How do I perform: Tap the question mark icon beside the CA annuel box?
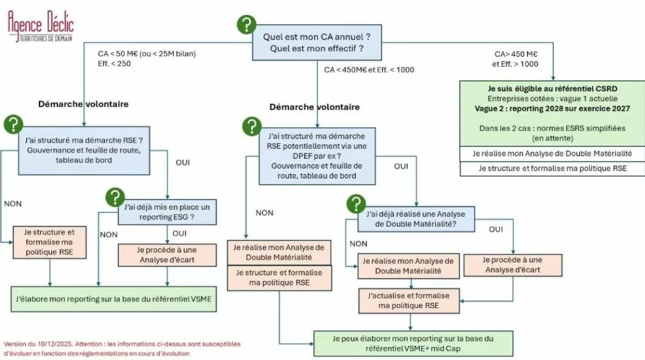(246, 25)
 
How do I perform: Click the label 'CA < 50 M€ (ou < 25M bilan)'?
(146, 52)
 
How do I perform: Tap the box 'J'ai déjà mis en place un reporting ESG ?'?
(166, 212)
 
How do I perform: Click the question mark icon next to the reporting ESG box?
(115, 197)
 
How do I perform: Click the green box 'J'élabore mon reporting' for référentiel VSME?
(114, 299)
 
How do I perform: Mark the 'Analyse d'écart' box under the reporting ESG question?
(167, 255)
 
